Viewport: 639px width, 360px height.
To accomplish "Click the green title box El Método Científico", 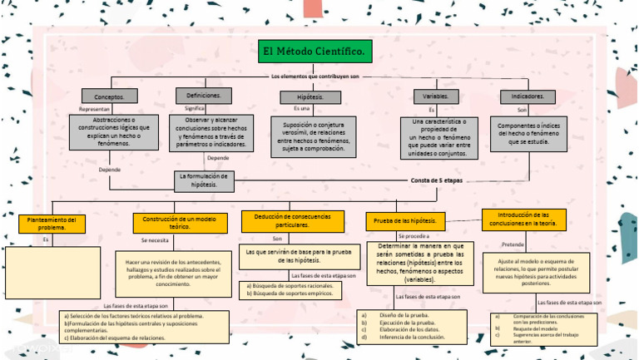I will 314,52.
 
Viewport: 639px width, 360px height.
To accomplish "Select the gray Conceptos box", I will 109,96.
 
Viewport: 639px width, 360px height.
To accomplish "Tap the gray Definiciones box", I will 203,96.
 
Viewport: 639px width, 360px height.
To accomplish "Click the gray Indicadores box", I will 527,96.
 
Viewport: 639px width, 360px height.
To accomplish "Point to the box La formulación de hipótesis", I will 204,180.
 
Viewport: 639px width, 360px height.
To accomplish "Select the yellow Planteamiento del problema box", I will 52,224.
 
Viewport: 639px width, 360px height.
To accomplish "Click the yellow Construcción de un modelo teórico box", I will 180,223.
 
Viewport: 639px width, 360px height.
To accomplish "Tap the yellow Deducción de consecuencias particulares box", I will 293,221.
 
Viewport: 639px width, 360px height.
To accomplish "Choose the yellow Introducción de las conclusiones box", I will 524,219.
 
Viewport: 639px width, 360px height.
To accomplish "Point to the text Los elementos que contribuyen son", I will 315,76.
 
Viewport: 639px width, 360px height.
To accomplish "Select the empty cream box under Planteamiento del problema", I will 52,272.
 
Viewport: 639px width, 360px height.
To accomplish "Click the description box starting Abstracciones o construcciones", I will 112,131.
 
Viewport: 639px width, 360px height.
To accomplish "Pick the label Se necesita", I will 155,239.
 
